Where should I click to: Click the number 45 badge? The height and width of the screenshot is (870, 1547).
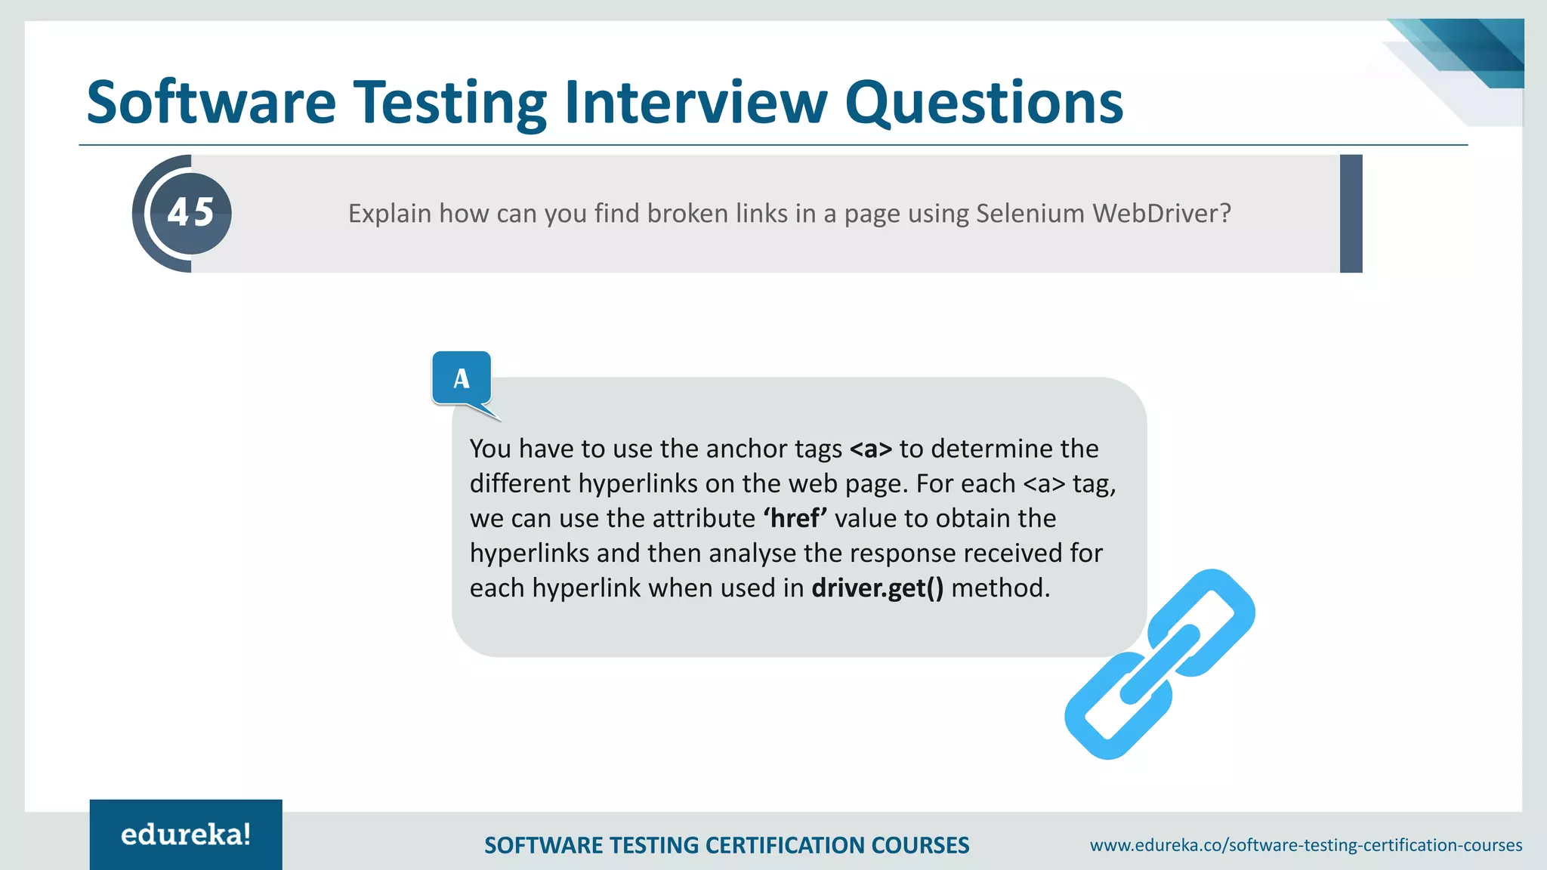191,212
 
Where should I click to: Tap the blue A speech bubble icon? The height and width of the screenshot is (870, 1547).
462,378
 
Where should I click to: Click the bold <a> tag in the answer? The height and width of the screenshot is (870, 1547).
870,449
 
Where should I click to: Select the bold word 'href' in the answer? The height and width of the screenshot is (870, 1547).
795,519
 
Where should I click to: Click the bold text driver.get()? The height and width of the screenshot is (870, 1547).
877,588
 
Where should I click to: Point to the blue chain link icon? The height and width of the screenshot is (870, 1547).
1159,664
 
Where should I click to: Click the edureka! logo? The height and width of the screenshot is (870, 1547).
186,835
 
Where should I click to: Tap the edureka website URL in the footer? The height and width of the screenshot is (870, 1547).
1305,845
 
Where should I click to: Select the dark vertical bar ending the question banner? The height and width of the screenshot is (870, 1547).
1351,214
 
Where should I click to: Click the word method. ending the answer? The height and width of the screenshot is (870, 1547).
1000,588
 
